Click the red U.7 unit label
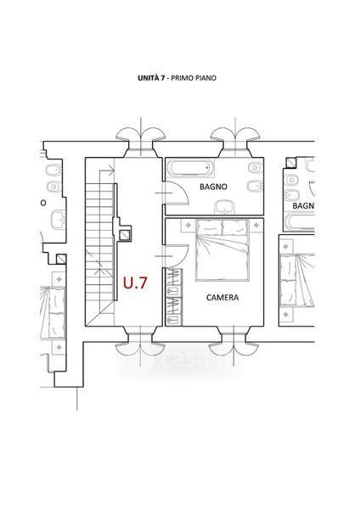tap(135, 282)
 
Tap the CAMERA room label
tap(222, 298)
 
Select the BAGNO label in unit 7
tap(213, 187)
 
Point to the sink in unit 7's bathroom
tap(224, 207)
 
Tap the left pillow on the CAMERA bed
tap(209, 227)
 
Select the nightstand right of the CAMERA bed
tap(256, 225)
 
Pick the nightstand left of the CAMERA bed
tap(188, 225)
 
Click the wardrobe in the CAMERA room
tap(174, 297)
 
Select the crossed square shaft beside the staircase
tap(125, 235)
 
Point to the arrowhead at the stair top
tap(113, 169)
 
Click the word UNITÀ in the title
tap(149, 78)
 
